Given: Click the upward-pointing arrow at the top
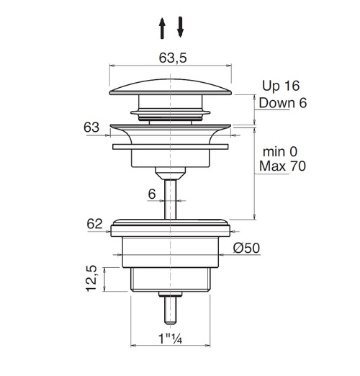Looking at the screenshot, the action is point(162,28).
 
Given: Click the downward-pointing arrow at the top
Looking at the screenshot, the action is point(180,27).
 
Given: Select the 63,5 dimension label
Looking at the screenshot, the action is point(173,58).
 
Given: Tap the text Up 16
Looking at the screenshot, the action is point(281,86).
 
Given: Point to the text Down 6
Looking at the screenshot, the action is point(283,103).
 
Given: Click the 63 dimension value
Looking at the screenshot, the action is point(91,127).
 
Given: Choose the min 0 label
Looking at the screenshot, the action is point(280,152).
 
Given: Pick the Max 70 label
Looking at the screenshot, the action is point(282,166).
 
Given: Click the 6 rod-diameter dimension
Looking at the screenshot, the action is point(152,194).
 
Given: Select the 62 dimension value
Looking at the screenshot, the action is point(94,224).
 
